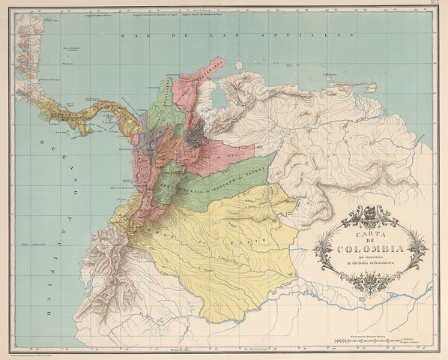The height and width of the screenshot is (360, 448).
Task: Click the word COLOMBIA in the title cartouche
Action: (371, 248)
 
